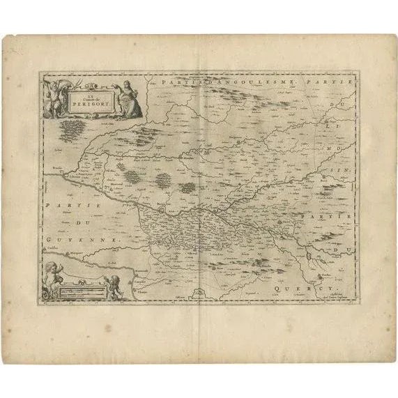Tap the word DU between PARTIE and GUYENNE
pyautogui.click(x=74, y=222)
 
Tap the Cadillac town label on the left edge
pyautogui.click(x=53, y=247)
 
